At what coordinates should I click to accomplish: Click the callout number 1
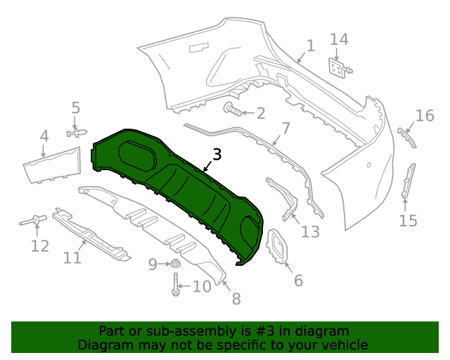pyautogui.click(x=310, y=46)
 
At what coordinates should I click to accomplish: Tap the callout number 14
pyautogui.click(x=339, y=39)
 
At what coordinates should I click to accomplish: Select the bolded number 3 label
pyautogui.click(x=217, y=155)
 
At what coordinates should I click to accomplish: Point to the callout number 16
pyautogui.click(x=425, y=115)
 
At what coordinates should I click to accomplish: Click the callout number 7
pyautogui.click(x=285, y=129)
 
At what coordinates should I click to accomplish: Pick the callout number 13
pyautogui.click(x=310, y=231)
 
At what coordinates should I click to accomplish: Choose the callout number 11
pyautogui.click(x=72, y=258)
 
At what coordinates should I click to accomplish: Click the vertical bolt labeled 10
pyautogui.click(x=175, y=285)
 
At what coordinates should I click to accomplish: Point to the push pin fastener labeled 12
pyautogui.click(x=33, y=222)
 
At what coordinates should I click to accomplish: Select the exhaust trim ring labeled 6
pyautogui.click(x=280, y=248)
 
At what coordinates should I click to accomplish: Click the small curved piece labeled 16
pyautogui.click(x=407, y=137)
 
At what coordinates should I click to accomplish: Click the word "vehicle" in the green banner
pyautogui.click(x=344, y=345)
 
